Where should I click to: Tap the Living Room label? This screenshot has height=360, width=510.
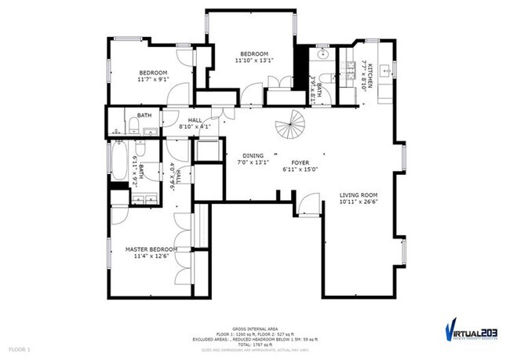click(x=359, y=195)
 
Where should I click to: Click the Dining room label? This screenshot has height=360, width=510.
click(x=253, y=155)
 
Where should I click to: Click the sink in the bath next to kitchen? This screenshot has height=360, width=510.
click(x=323, y=57)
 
